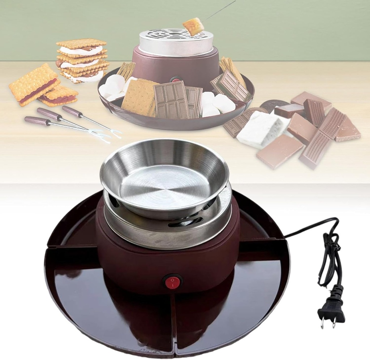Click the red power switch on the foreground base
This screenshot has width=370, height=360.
pos(172,281)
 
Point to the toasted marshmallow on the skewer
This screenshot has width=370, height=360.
pos(193,26)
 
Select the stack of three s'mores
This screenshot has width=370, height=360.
pos(83,60)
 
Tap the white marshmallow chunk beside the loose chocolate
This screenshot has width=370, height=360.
pos(259,129)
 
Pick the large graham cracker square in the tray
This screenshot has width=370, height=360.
pos(139,97)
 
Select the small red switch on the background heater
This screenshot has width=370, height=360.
pos(176,79)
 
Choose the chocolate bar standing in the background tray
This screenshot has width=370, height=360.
pos(171,100)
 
